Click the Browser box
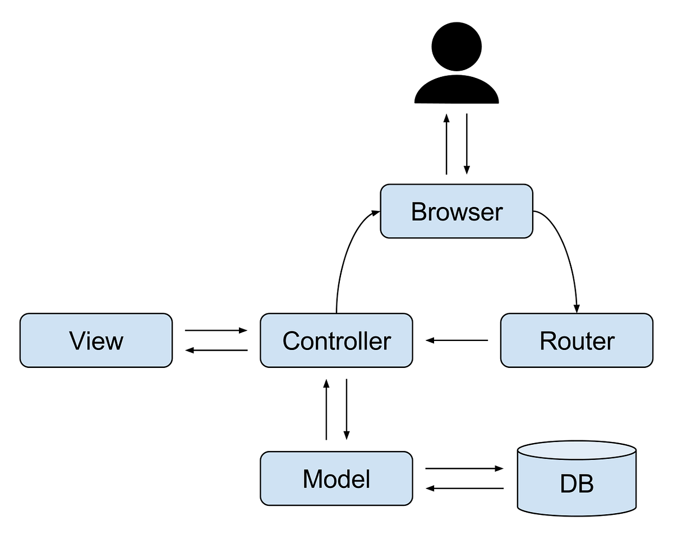[457, 211]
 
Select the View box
[96, 340]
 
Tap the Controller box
[336, 340]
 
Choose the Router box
[577, 340]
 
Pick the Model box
[336, 478]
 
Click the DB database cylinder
[577, 482]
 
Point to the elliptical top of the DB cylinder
[577, 452]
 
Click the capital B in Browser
[418, 212]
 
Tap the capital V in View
[78, 341]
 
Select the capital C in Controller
[292, 341]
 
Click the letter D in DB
[568, 483]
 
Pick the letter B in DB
[586, 483]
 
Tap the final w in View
[114, 342]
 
